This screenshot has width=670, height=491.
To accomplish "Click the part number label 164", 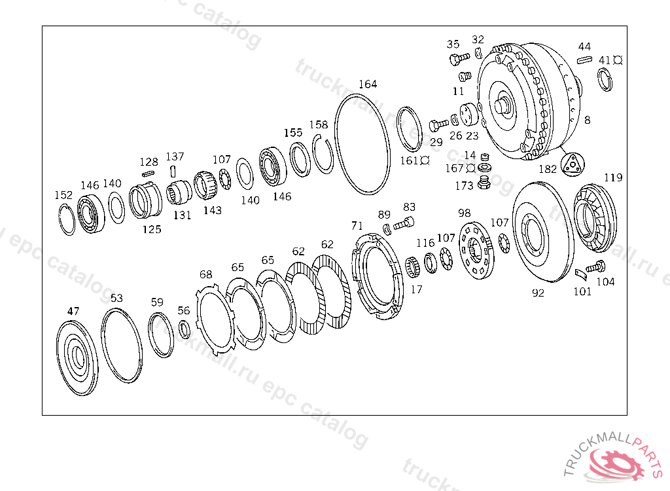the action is click(368, 84).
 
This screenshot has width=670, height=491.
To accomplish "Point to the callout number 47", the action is click(73, 311).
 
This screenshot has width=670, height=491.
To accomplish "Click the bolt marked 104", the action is click(595, 267).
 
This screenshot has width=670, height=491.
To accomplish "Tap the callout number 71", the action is click(357, 225).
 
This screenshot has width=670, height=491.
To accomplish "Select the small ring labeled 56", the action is click(185, 330).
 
